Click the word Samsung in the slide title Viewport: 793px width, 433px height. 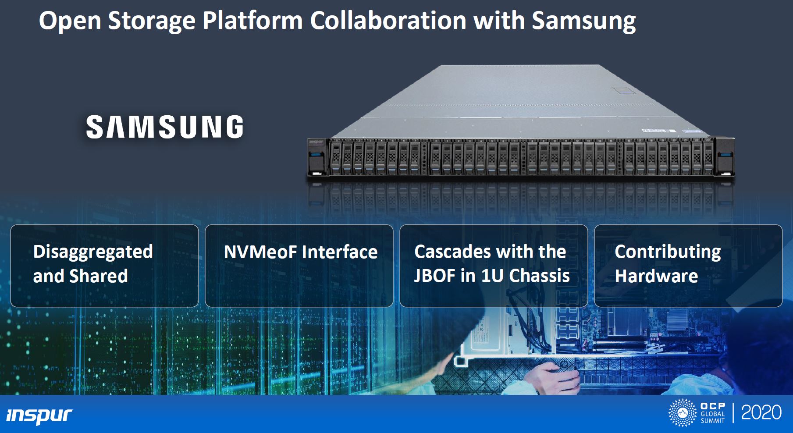[583, 21]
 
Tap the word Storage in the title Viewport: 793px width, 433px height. [151, 21]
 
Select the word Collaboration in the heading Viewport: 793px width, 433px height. [388, 21]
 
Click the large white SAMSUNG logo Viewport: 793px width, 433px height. [164, 127]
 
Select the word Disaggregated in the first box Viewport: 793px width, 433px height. [93, 252]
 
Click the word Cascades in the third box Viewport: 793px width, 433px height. [452, 252]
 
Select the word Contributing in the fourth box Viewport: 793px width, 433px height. [667, 252]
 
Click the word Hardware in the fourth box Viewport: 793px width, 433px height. [656, 276]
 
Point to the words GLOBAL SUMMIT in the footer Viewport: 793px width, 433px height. [712, 417]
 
